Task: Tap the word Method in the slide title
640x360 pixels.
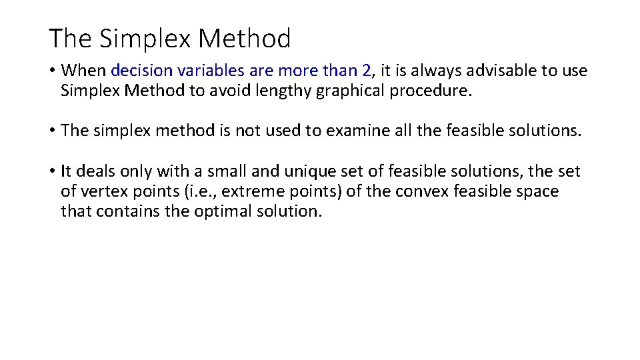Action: [245, 39]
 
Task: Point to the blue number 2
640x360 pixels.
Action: [367, 71]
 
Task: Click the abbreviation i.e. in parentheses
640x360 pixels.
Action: [177, 192]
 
